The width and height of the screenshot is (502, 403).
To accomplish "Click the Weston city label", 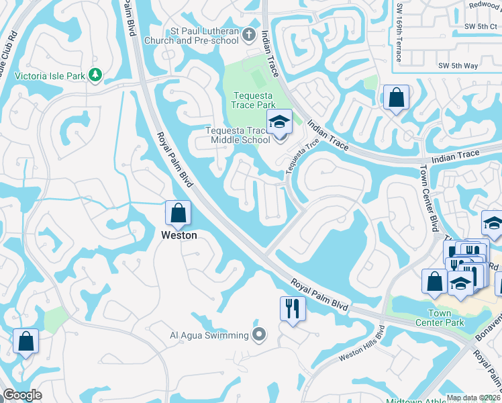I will coord(179,235).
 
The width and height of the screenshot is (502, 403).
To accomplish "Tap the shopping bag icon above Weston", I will coord(179,214).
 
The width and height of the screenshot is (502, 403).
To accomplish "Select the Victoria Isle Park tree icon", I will coord(95,75).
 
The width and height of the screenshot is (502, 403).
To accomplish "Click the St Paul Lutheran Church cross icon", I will coord(249,34).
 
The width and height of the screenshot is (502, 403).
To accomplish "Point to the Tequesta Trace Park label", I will coord(253,100).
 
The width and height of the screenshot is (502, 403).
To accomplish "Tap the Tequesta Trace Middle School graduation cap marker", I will coord(279,123).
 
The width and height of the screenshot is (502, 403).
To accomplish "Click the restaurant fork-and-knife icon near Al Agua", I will coord(293,309).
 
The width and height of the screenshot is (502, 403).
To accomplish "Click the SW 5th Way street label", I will coord(458,66).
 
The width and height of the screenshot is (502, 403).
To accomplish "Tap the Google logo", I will coord(22,395).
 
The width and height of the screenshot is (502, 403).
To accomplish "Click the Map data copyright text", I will coord(472,398).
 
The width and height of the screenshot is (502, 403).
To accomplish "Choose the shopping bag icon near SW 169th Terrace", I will coord(396,97).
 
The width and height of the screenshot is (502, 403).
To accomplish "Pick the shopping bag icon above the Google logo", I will coord(26,341).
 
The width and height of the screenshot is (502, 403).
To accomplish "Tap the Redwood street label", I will coord(485,5).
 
